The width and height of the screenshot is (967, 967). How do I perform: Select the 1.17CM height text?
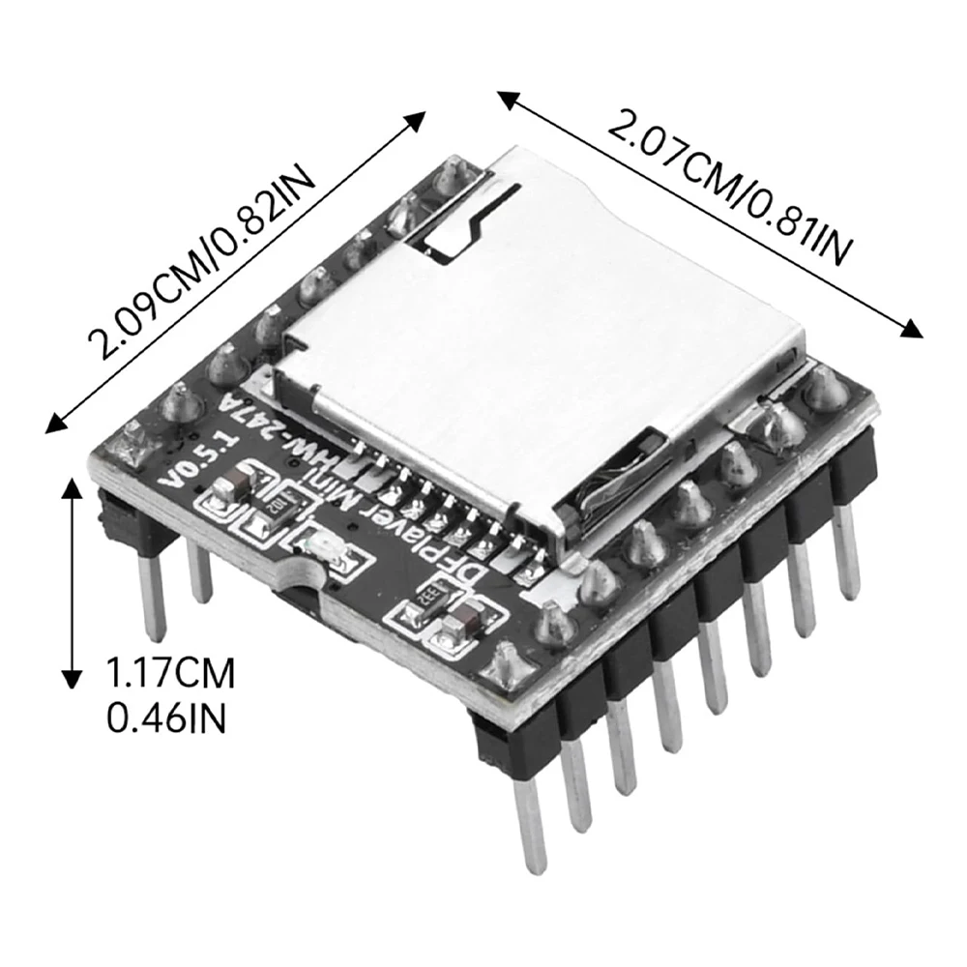point(171,673)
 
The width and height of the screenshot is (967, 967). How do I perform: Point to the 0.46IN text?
point(166,718)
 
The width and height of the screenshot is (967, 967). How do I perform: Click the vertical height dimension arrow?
point(73,583)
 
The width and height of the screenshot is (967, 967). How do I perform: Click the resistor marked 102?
point(275,509)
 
